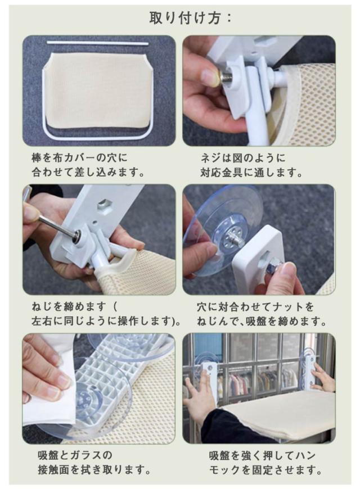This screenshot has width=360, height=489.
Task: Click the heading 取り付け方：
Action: click(190, 18)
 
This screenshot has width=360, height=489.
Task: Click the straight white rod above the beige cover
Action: click(97, 42)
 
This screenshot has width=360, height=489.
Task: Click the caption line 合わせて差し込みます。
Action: click(88, 172)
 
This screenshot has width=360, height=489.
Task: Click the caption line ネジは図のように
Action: click(243, 158)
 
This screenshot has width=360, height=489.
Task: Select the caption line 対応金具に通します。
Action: click(251, 173)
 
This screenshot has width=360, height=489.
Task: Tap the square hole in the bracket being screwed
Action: click(105, 206)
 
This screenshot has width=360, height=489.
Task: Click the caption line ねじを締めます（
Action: click(74, 307)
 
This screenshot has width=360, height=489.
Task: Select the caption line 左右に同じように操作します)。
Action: click(106, 321)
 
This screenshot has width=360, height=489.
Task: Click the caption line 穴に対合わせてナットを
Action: click(255, 307)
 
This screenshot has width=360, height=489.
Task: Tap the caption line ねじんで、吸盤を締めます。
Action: click(262, 321)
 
